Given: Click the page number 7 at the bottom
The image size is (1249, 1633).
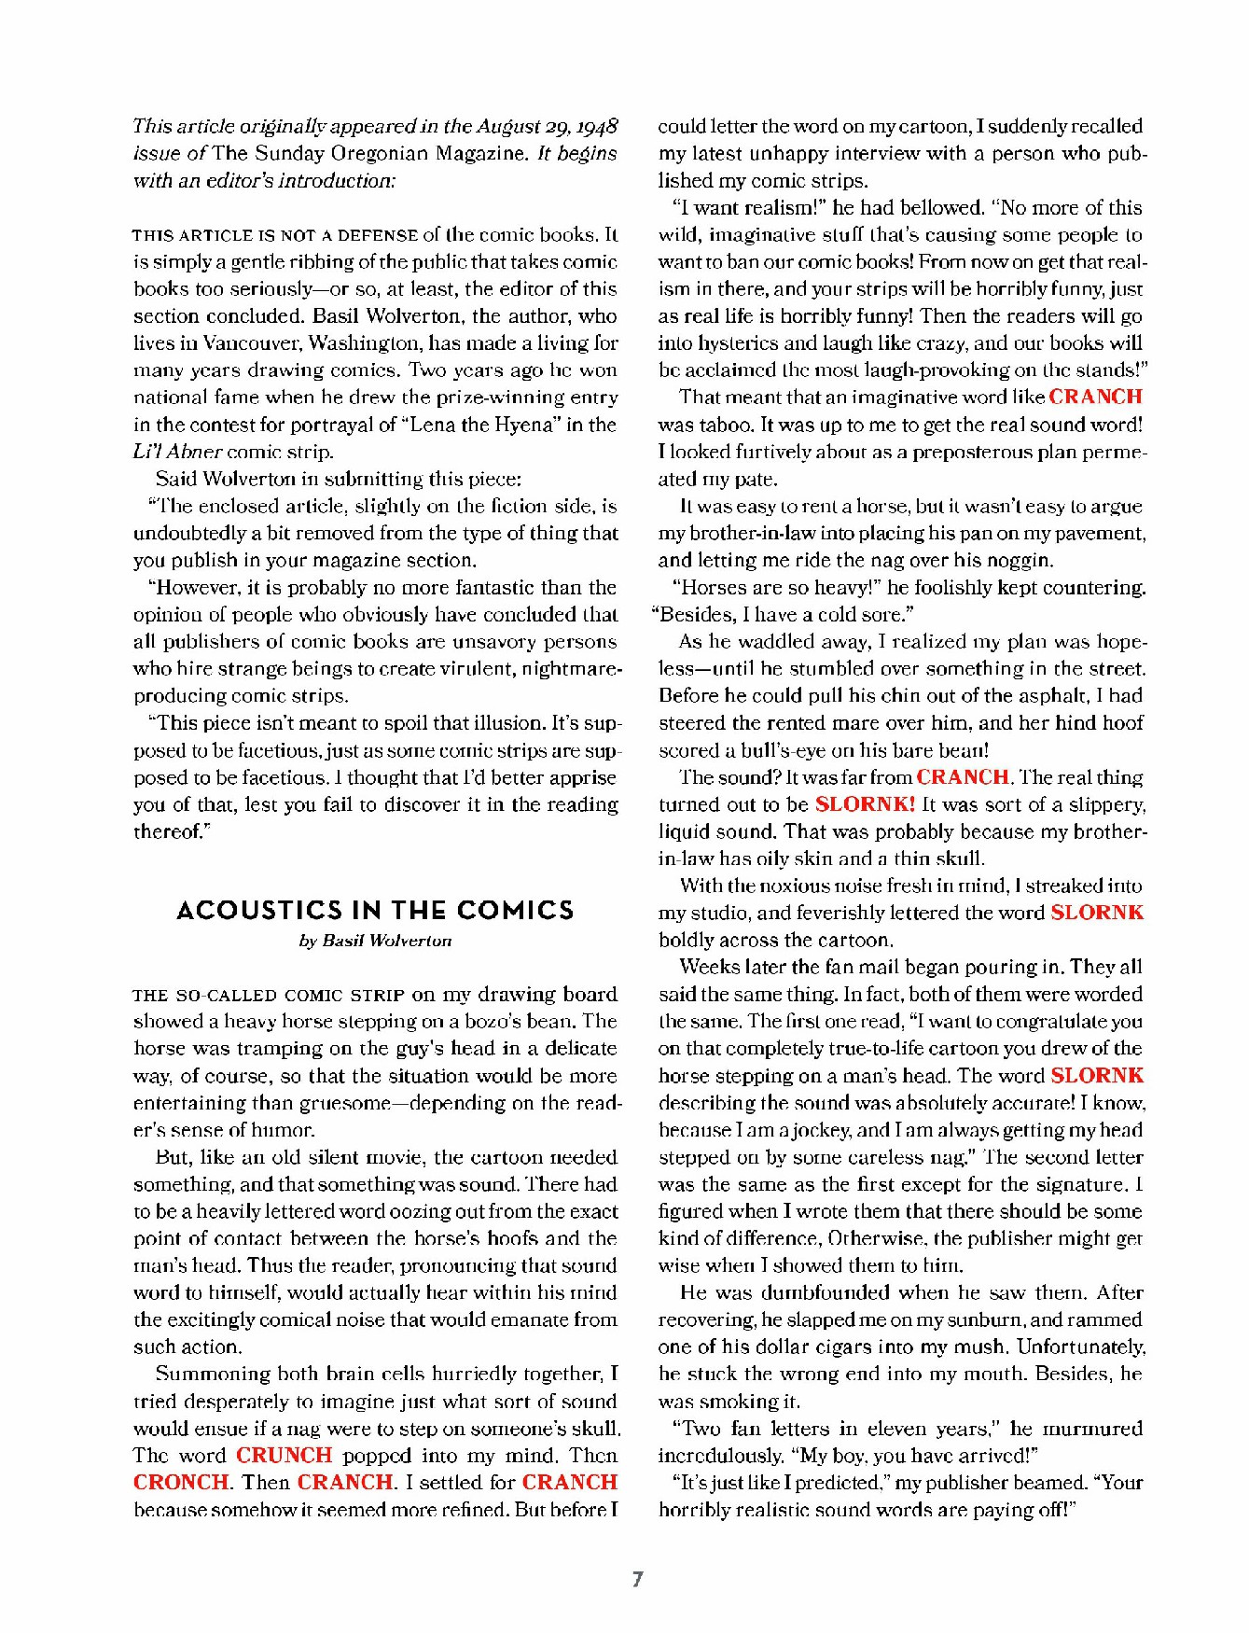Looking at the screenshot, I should pos(638,1579).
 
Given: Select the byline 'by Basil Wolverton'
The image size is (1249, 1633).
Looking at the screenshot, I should pos(375,941).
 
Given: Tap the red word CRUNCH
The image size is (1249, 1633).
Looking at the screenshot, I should pos(284,1456).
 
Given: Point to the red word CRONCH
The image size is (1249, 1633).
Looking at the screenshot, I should pos(180,1483).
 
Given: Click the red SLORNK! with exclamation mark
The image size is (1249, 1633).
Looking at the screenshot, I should pos(865,804).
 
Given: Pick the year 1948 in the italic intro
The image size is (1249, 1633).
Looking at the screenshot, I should pos(597,126).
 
